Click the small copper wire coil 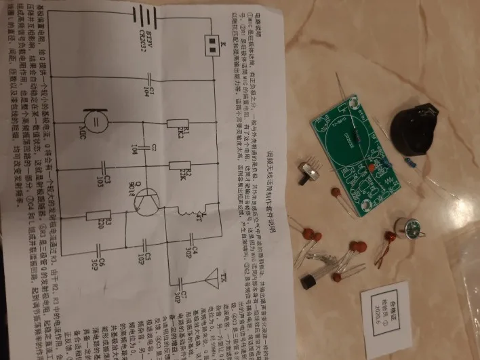391,244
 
